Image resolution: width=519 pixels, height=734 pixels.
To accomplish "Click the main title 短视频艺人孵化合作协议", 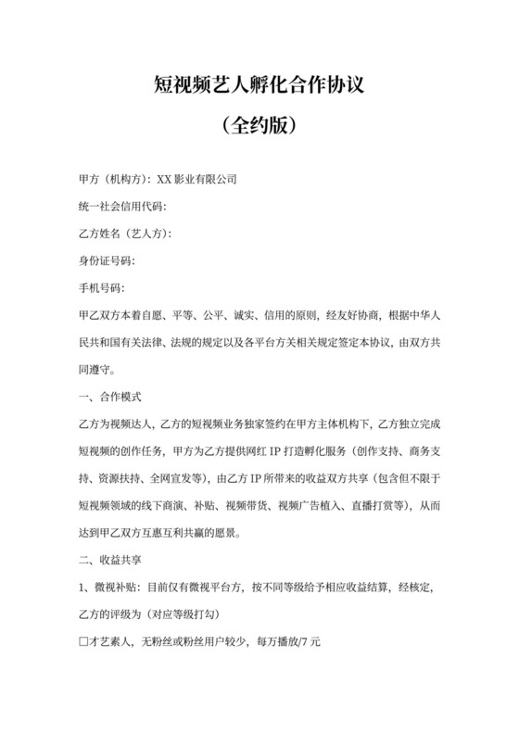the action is point(259,87).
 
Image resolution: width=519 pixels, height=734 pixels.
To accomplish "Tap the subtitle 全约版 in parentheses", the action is point(259,126).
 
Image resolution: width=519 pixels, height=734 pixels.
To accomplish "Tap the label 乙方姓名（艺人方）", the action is point(126,234).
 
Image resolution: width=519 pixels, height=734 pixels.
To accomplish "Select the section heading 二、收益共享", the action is point(109,560).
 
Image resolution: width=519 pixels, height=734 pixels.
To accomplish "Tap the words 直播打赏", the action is point(376,506).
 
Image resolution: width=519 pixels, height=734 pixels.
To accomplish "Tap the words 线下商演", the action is point(169,506).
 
